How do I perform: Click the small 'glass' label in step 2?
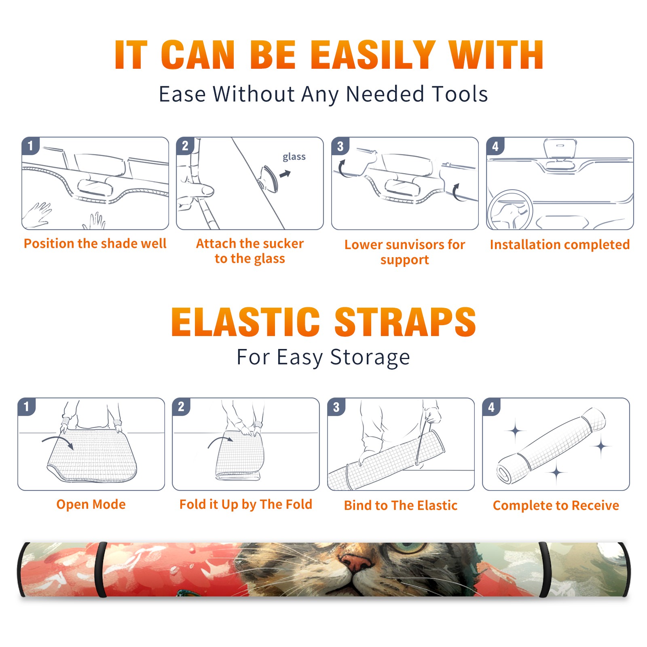pos(294,157)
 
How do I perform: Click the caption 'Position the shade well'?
pos(95,243)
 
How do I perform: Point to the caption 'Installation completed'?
pos(560,244)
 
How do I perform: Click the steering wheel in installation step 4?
pos(510,210)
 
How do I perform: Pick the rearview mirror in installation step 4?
pos(560,148)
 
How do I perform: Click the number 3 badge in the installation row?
pos(340,146)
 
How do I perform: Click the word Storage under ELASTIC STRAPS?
pos(370,357)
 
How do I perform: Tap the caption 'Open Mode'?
pos(91,504)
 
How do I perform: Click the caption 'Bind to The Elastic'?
pos(400,505)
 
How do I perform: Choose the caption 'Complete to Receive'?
pos(556,505)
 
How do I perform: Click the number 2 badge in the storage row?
pos(181,406)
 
